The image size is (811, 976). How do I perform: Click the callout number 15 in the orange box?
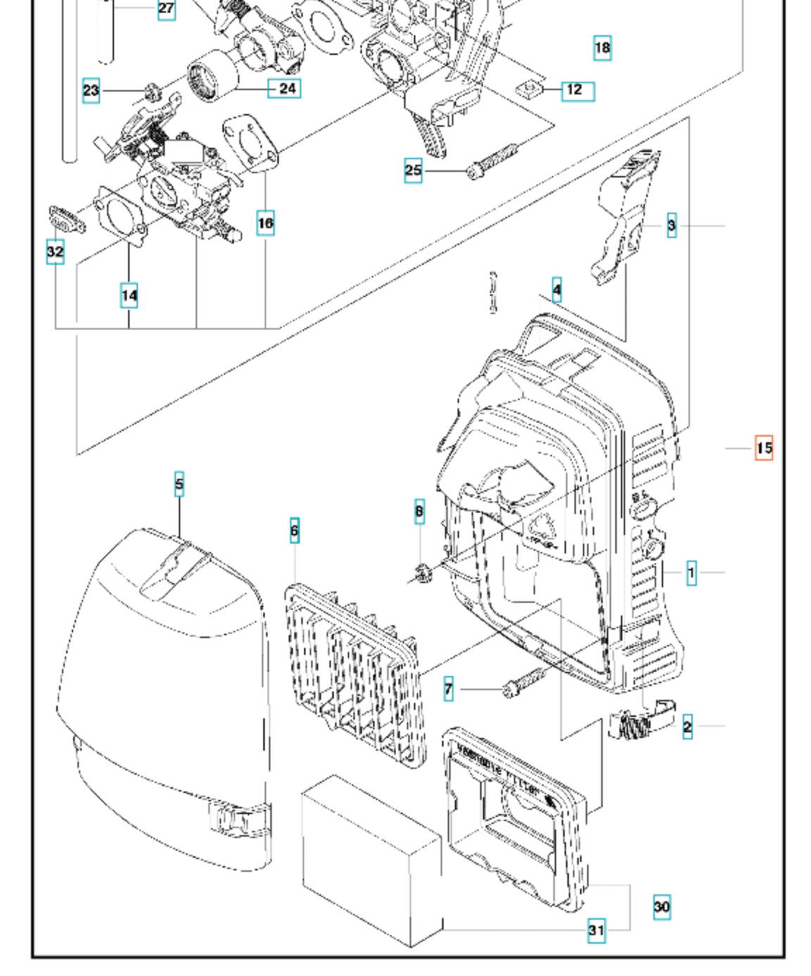pyautogui.click(x=764, y=448)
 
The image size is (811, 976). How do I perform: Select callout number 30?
pyautogui.click(x=662, y=906)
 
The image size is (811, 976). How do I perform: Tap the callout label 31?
pyautogui.click(x=596, y=930)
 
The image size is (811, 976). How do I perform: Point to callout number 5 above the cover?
pyautogui.click(x=180, y=484)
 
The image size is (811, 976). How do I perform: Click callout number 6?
pyautogui.click(x=294, y=530)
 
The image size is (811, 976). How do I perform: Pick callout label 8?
pyautogui.click(x=420, y=512)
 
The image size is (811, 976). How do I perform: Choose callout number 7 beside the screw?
pyautogui.click(x=448, y=689)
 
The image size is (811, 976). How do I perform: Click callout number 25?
pyautogui.click(x=413, y=170)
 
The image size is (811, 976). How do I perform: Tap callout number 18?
pyautogui.click(x=603, y=48)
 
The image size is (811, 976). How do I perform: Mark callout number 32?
pyautogui.click(x=55, y=251)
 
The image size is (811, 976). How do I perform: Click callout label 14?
pyautogui.click(x=129, y=295)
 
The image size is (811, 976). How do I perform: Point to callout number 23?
pyautogui.click(x=91, y=90)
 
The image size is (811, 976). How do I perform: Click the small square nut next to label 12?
pyautogui.click(x=528, y=89)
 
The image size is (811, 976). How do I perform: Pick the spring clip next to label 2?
pyautogui.click(x=637, y=722)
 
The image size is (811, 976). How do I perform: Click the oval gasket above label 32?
pyautogui.click(x=67, y=220)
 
